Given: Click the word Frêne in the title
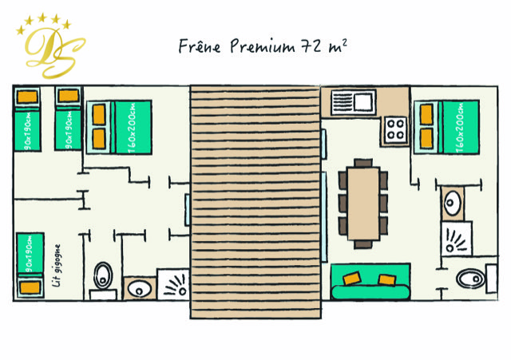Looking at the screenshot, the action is click(200, 46).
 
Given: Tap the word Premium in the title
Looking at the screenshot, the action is click(263, 46).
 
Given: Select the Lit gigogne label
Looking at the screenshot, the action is click(57, 266).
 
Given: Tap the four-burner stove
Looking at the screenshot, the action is click(396, 130).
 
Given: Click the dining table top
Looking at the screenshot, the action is click(363, 204).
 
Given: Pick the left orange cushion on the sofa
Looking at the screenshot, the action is click(352, 279).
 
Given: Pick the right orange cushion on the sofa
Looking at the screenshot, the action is click(386, 279).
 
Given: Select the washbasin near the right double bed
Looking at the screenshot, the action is click(453, 204).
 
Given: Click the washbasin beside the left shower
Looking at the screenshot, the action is click(140, 289).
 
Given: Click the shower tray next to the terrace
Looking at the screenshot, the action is click(173, 284).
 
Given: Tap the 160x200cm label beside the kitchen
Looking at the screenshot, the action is click(460, 128).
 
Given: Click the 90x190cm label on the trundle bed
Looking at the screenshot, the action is click(29, 254).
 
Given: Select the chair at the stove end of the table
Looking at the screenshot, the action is click(363, 163).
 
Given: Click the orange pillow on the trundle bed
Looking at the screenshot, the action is click(30, 287).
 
